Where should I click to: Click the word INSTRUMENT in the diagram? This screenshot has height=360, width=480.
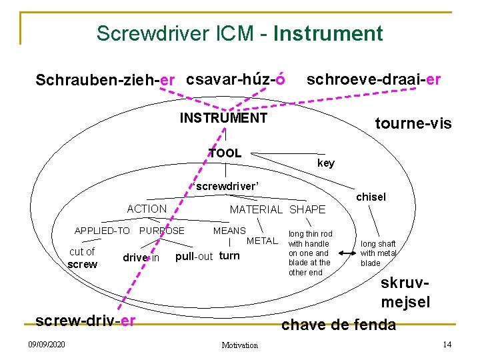(224, 119)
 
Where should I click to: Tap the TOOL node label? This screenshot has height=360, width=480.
(225, 153)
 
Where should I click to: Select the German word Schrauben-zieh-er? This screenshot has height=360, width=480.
(105, 81)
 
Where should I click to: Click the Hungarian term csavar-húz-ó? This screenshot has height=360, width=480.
(236, 79)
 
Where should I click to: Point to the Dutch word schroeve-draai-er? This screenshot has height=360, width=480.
(373, 79)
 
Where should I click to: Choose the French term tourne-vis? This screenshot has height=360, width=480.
(413, 123)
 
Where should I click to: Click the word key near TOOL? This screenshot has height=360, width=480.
(326, 163)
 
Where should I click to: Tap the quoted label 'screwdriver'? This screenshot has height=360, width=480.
(225, 186)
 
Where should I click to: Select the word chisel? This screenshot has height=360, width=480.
(371, 197)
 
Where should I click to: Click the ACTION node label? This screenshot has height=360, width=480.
(147, 209)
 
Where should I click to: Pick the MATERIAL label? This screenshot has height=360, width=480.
(257, 210)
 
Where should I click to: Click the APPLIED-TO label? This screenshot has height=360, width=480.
(102, 231)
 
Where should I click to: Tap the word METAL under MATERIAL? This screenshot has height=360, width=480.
(261, 240)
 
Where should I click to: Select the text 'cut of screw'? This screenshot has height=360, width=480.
(82, 258)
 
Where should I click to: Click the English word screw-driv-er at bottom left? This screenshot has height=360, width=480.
(85, 321)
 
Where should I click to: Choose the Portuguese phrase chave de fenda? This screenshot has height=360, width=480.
(339, 325)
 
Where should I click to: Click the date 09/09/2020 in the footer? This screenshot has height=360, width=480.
(47, 344)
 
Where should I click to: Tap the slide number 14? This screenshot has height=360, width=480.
(447, 344)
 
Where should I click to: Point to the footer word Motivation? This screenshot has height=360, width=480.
(239, 345)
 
